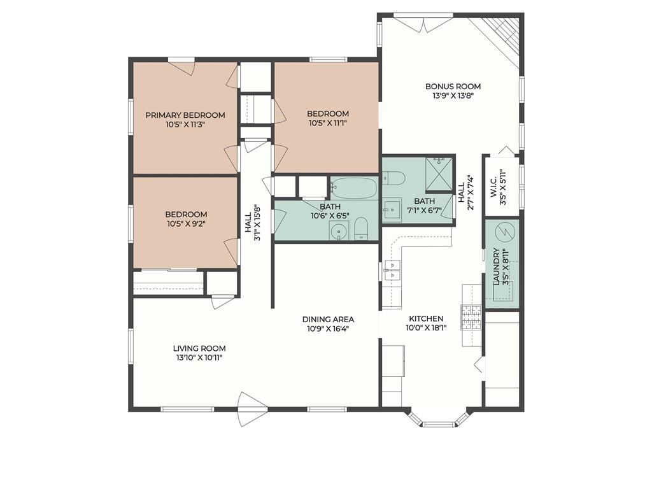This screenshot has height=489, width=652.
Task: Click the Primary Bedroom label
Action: point(185,115)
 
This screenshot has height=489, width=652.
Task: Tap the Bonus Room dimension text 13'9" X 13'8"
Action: point(453,96)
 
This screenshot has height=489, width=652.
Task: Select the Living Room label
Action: point(199,348)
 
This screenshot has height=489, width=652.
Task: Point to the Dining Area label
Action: point(328,320)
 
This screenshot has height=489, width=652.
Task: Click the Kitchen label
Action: point(427,318)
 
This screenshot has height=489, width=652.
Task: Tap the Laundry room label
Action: point(495,267)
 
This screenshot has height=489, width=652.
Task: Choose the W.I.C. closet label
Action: point(493,187)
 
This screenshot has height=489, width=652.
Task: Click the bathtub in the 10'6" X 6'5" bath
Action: point(354,188)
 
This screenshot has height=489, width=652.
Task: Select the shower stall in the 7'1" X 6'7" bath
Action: point(439,174)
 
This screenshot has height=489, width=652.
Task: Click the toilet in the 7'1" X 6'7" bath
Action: point(393,178)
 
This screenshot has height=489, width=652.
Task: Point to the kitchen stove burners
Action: point(471,318)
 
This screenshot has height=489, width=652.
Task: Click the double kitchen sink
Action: point(392,270)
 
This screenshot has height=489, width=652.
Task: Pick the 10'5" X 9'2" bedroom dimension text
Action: point(186,223)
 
